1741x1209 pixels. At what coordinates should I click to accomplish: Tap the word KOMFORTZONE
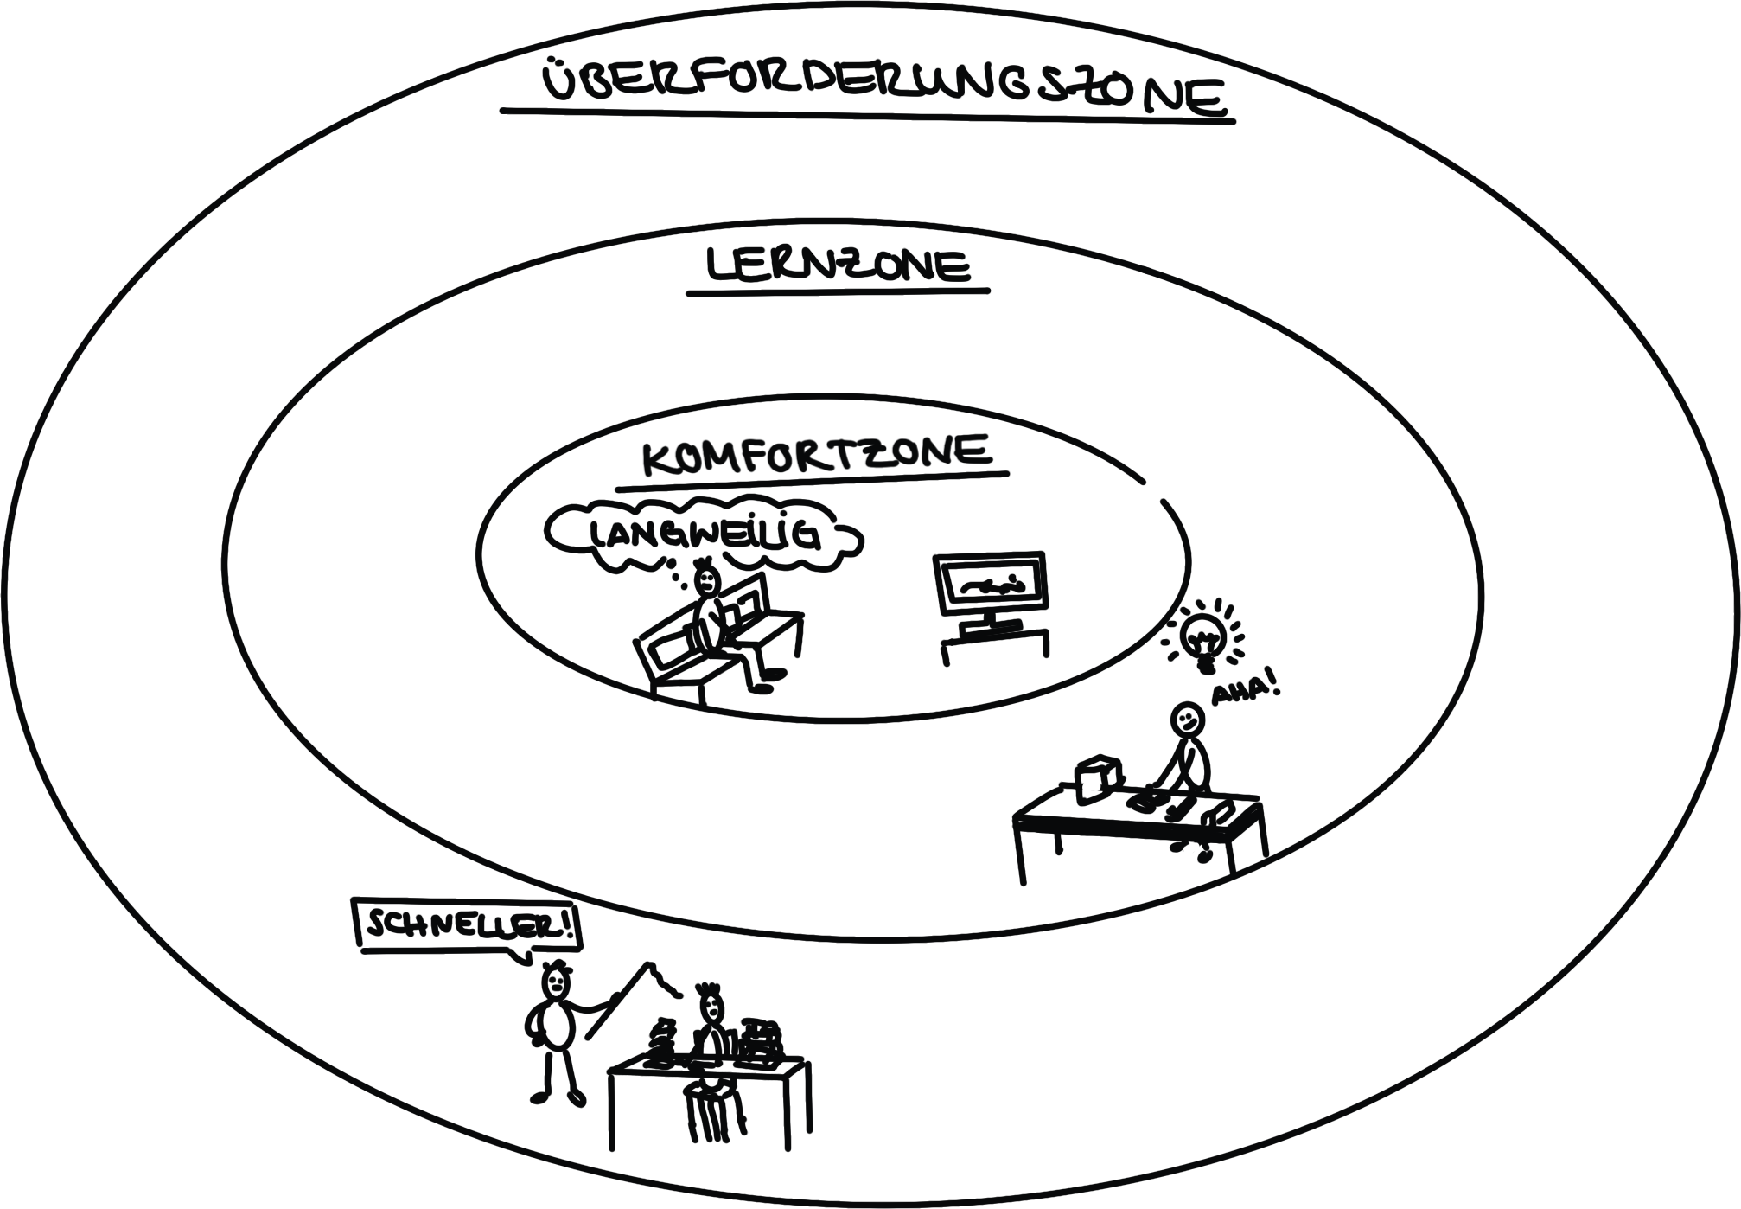(x=817, y=453)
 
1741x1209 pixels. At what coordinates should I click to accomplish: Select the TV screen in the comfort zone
(x=991, y=584)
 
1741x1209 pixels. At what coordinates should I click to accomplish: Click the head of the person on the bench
(x=706, y=579)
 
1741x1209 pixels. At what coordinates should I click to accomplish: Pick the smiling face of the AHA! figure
(x=1187, y=718)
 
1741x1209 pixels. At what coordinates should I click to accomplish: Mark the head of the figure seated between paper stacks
(x=711, y=1005)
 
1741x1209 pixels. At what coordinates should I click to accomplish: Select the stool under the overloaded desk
(x=711, y=1107)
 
